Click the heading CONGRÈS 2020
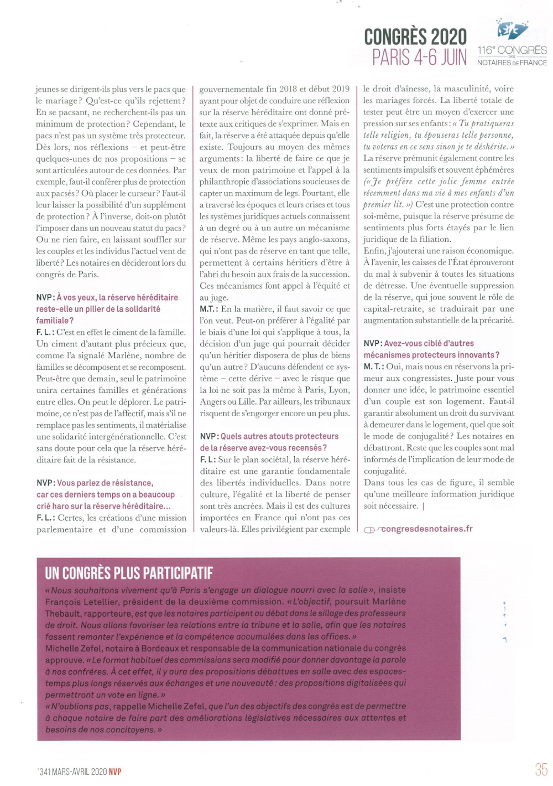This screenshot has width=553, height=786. coord(415,37)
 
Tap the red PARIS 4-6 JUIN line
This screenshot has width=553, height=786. coord(419,58)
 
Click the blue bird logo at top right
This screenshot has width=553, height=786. coord(512,29)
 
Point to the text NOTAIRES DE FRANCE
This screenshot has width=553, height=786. coord(512,63)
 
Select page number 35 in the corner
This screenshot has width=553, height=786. coord(541,769)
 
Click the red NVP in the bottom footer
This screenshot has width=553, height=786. coord(115,772)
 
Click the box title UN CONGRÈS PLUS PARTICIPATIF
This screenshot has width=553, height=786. coord(129,573)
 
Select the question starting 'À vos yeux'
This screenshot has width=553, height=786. coord(107,309)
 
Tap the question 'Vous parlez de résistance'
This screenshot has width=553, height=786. coord(105,494)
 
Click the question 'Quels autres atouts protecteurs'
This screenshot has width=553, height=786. coord(269,442)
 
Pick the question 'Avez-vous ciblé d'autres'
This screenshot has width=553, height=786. coord(431,349)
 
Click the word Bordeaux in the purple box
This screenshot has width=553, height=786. coord(165,648)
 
